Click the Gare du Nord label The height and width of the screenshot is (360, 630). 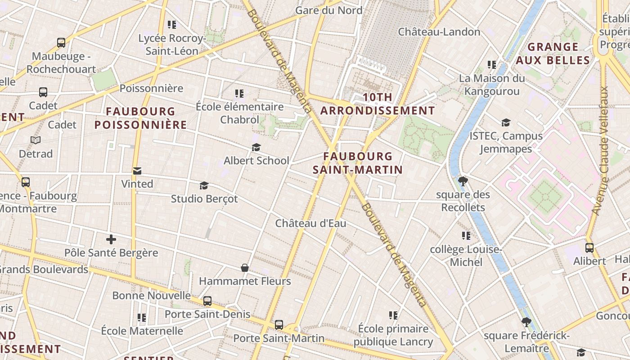tap(328, 10)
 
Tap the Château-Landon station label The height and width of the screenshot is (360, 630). tap(439, 31)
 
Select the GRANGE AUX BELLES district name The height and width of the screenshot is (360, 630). tap(553, 54)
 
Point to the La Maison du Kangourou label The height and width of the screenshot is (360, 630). tap(492, 85)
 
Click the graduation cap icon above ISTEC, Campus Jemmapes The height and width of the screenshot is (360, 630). tap(506, 122)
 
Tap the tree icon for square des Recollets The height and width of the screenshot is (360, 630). tap(463, 181)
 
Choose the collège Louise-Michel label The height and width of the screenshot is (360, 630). tap(466, 256)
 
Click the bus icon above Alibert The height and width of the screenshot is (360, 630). tap(589, 247)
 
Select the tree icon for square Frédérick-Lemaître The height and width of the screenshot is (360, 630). tap(526, 322)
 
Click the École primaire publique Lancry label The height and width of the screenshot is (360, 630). tap(393, 335)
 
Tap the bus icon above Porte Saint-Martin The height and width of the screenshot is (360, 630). tap(279, 324)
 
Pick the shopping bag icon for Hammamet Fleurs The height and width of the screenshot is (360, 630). tap(245, 268)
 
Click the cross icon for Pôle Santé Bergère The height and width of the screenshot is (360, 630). tap(111, 239)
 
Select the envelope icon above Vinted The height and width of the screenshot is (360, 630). tap(137, 171)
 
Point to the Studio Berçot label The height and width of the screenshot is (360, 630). tap(204, 198)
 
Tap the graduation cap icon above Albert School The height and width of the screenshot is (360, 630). tap(256, 147)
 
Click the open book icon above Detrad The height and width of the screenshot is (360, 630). tap(36, 140)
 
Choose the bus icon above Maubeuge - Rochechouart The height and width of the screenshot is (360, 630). tap(61, 43)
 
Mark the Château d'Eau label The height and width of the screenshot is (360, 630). tap(310, 223)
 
